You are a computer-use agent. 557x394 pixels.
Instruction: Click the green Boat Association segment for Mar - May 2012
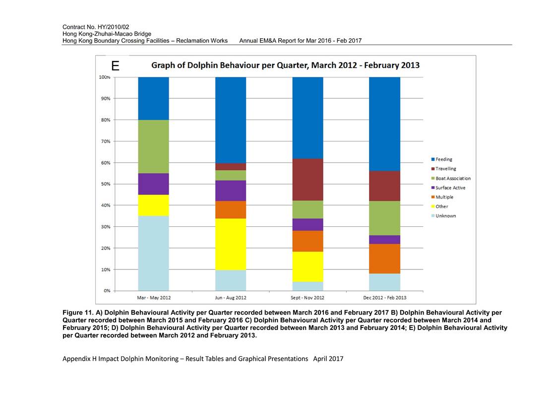pyautogui.click(x=153, y=147)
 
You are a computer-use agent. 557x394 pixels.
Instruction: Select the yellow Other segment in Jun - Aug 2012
pyautogui.click(x=231, y=244)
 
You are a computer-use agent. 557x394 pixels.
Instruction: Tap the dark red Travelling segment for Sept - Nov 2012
pyautogui.click(x=308, y=180)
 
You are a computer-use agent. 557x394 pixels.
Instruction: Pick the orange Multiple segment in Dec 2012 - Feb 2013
pyautogui.click(x=385, y=259)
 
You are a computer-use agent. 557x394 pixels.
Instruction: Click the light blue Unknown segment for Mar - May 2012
pyautogui.click(x=153, y=253)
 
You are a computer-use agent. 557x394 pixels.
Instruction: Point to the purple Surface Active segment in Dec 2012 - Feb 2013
pyautogui.click(x=385, y=240)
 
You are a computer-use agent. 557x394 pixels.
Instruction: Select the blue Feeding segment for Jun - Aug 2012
pyautogui.click(x=231, y=120)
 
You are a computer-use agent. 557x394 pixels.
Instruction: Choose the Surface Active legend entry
pyautogui.click(x=448, y=188)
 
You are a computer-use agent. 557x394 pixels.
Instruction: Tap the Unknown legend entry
pyautogui.click(x=443, y=216)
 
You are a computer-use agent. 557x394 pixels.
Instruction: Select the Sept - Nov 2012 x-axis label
pyautogui.click(x=308, y=298)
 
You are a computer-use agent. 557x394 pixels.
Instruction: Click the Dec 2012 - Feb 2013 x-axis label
pyautogui.click(x=385, y=298)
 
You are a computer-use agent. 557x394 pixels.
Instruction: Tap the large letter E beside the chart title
pyautogui.click(x=116, y=66)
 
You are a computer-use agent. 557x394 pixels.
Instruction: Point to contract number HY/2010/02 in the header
pyautogui.click(x=113, y=27)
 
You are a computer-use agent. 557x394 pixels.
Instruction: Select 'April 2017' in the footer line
pyautogui.click(x=328, y=359)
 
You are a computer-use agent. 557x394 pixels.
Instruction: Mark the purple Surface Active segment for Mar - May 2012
pyautogui.click(x=153, y=184)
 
